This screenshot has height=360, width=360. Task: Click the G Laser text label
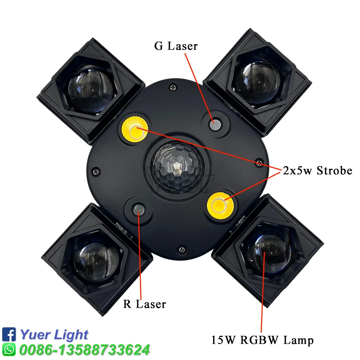176,46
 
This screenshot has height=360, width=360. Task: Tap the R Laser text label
145,304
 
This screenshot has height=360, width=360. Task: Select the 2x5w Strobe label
318,171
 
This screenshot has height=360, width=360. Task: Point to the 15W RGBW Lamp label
262,340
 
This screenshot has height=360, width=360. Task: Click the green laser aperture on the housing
215,125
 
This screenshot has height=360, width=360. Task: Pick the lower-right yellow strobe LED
220,206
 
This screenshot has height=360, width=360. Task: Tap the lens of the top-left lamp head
91,89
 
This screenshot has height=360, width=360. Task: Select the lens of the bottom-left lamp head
96,262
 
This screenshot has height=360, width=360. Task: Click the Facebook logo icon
9,334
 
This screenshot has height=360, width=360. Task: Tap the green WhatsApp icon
9,350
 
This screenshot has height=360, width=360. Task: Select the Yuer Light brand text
54,335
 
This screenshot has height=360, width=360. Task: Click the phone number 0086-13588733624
85,350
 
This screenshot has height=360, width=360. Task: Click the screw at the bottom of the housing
182,249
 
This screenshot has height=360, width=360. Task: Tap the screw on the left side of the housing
96,171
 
